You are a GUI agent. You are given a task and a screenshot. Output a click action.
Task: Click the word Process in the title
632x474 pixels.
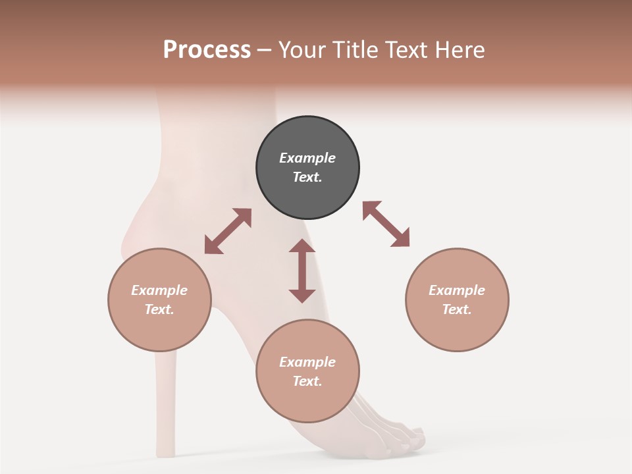207,50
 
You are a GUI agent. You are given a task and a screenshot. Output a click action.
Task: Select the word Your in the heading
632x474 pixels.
303,50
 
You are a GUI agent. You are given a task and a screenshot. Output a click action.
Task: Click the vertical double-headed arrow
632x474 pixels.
302,271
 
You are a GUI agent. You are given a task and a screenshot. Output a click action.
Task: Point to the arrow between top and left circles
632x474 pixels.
228,231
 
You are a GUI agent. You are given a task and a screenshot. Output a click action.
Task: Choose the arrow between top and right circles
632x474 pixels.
386,224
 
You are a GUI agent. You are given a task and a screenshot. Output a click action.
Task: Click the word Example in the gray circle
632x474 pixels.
307,158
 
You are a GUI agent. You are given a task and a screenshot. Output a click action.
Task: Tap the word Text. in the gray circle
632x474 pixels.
307,177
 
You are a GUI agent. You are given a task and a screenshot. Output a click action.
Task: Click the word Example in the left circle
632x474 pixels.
159,290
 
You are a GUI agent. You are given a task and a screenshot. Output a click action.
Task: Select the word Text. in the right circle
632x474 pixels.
457,309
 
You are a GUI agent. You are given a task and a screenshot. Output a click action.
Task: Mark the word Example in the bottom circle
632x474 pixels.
307,362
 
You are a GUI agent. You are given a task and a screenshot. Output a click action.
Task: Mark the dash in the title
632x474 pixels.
265,50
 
